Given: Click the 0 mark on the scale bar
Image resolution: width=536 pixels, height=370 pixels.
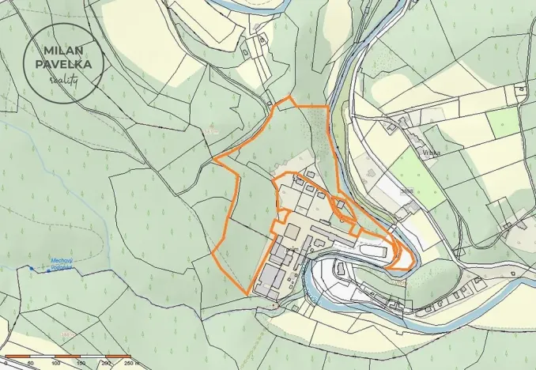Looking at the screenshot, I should [x=6, y=364].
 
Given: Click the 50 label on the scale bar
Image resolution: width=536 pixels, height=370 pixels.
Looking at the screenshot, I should [x=31, y=364].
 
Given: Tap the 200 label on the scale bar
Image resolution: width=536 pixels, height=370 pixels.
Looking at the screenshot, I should [x=105, y=364].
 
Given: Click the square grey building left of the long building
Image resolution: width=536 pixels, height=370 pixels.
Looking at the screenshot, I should [x=290, y=231].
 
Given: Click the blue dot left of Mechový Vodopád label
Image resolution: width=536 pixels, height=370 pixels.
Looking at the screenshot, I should [x=32, y=269].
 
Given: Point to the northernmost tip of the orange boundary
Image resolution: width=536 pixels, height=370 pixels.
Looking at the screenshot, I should [x=289, y=97].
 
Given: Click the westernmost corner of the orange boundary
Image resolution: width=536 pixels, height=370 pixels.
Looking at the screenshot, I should [x=214, y=160].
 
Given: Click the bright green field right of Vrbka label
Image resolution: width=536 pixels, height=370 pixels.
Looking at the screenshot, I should [x=504, y=123].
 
